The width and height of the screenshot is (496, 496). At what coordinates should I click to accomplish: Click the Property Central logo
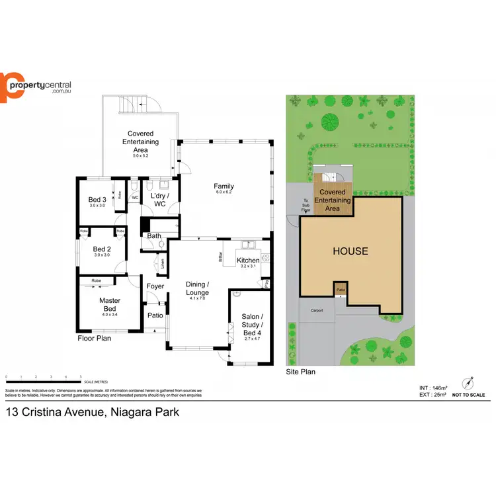pos(36,87)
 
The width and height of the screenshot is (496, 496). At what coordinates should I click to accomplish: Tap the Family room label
pos(224,186)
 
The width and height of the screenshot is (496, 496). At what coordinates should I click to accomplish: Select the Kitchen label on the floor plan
pos(248,261)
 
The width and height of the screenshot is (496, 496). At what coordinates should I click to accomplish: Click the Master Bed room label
pos(109,304)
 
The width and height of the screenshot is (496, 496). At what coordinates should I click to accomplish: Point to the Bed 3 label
pos(97,200)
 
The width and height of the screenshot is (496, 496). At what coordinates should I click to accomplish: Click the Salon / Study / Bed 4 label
pos(252,325)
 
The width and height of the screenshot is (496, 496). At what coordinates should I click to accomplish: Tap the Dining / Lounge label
pos(198,288)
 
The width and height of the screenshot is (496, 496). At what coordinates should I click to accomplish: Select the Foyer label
pos(155,286)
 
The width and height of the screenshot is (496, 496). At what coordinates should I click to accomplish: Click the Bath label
pos(154,235)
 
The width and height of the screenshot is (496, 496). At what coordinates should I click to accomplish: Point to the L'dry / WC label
pos(159,200)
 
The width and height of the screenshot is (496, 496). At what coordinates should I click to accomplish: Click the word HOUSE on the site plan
pos(351,251)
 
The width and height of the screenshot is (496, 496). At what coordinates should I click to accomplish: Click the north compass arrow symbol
pos(469,382)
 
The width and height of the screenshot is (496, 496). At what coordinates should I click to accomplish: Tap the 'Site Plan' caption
pos(300,372)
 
